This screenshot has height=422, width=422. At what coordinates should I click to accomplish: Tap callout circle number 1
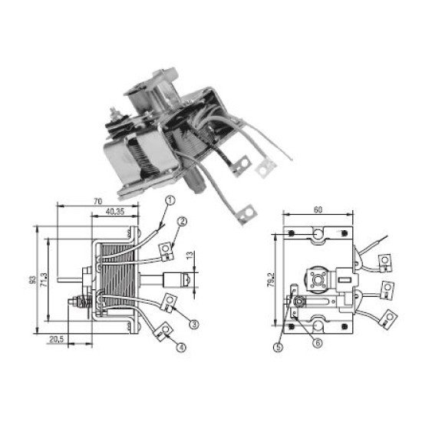[170, 202]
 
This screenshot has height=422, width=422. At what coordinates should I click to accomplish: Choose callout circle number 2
[182, 223]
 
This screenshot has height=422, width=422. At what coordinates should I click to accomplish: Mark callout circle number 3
[195, 325]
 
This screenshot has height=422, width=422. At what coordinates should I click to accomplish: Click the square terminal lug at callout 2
[166, 247]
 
